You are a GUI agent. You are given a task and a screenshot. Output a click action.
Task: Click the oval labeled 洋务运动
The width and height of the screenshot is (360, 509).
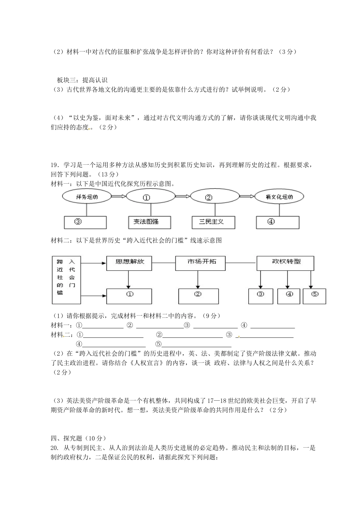(x=87, y=197)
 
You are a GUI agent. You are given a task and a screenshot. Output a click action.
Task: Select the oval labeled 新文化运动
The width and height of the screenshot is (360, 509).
(x=279, y=197)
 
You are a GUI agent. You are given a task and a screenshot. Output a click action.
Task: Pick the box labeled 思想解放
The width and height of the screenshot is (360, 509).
(x=129, y=263)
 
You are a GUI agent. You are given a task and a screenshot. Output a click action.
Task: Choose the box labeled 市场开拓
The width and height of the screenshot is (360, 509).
(x=200, y=263)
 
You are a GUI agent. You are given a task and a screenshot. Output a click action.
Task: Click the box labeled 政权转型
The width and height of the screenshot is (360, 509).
(x=285, y=263)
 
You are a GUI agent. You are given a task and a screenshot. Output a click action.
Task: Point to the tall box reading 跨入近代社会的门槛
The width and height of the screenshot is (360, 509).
(x=66, y=279)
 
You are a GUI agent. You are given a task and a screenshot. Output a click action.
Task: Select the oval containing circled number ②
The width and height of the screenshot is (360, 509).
(x=215, y=197)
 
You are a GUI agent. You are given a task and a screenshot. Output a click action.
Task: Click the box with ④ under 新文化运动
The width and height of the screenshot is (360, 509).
(x=278, y=222)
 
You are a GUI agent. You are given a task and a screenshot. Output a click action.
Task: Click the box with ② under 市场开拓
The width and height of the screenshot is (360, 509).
(x=198, y=296)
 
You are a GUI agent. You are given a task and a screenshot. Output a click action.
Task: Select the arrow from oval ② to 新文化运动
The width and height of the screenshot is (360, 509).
(x=247, y=196)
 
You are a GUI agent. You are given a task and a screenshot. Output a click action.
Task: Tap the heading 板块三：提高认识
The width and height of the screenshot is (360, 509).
(x=82, y=80)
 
